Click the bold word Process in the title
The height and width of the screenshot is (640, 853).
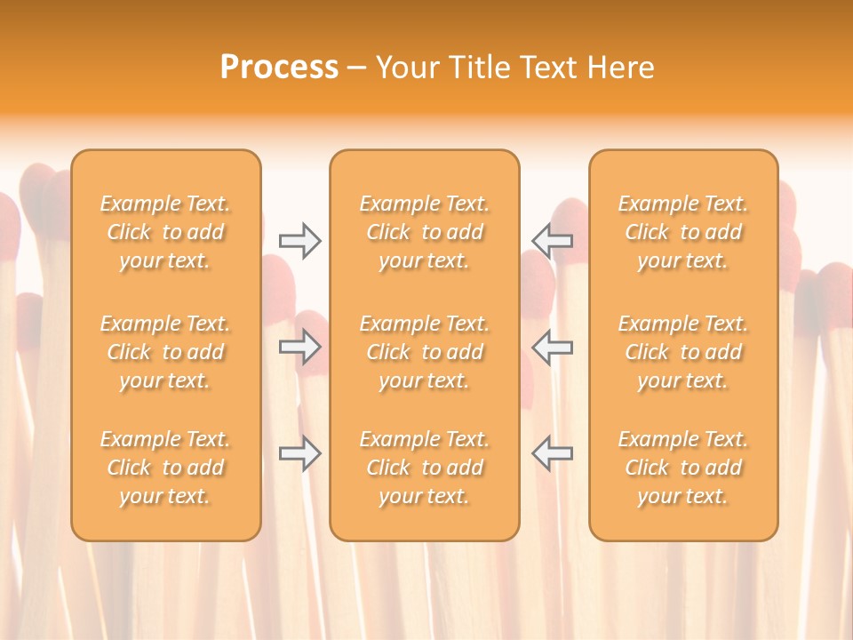pos(279,68)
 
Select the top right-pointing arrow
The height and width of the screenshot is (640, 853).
pos(299,240)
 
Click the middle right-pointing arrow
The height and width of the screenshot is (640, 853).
pos(299,348)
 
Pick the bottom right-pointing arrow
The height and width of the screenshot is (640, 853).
pos(299,453)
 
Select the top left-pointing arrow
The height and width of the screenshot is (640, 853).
pos(553,240)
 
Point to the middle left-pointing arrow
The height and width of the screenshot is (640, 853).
pos(553,348)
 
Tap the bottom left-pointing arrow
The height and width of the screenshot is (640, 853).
pos(553,453)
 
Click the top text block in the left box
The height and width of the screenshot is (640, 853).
pos(165,232)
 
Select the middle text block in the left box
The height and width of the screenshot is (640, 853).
pos(165,352)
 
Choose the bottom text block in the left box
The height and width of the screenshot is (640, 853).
pos(165,468)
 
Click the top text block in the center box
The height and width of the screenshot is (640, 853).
pos(424,232)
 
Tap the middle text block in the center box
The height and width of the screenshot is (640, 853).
pos(424,352)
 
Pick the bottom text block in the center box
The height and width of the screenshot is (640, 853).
pos(424,468)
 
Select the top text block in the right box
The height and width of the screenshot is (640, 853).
pos(682,232)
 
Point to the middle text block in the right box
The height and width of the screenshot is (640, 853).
pos(682,352)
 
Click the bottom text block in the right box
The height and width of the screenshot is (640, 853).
pos(682,468)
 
